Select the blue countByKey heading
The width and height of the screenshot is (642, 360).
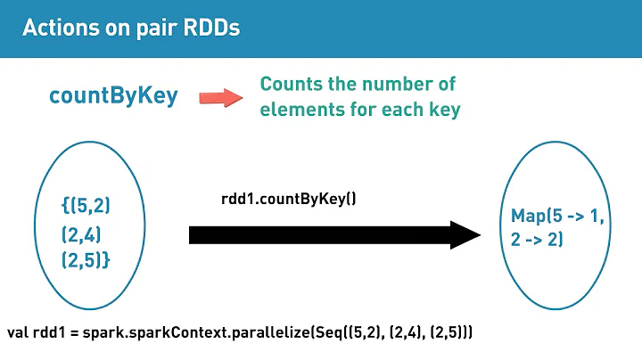coord(113,97)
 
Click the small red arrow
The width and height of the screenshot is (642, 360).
coord(220,97)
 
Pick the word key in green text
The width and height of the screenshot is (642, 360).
coord(443,111)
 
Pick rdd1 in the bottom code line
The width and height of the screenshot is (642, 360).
coord(50,332)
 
